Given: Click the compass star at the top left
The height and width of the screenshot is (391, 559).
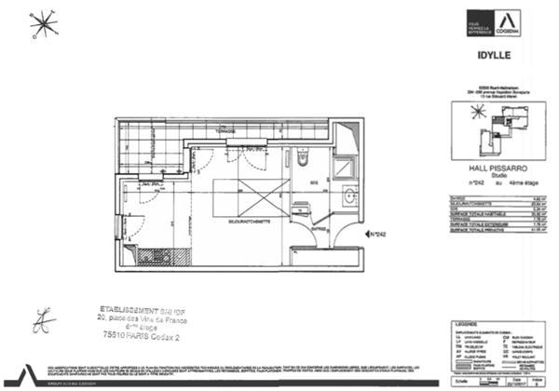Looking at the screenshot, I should click(43, 26).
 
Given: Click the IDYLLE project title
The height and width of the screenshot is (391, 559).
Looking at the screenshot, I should click(487, 66).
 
